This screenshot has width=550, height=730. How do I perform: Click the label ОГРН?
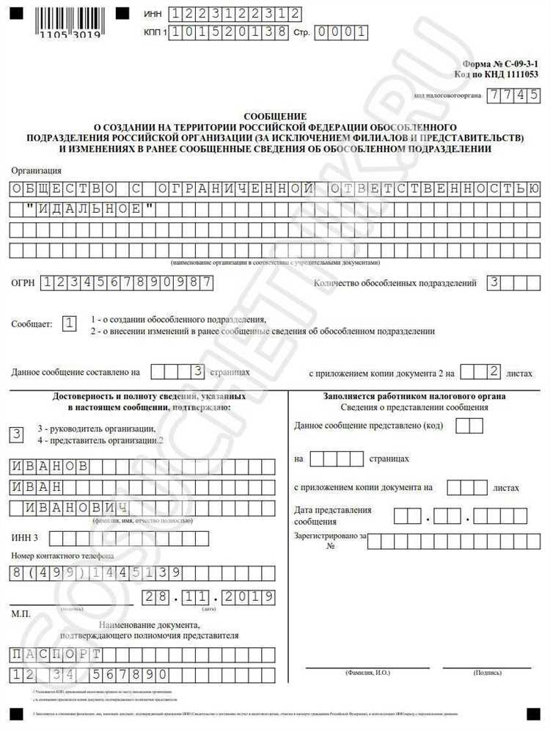click(23, 282)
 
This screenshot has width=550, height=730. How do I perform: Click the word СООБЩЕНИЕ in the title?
click(276, 117)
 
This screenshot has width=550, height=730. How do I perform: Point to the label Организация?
click(37, 170)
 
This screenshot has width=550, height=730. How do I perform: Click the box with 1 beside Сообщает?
click(70, 324)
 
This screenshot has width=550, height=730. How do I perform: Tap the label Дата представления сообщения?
click(333, 515)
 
